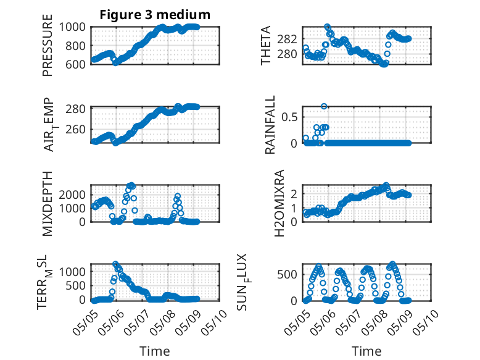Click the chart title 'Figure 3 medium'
click(x=155, y=15)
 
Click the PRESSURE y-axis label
click(x=48, y=45)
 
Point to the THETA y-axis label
click(x=266, y=45)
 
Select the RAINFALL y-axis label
click(x=270, y=125)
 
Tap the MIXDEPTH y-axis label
click(x=48, y=203)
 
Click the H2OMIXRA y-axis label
click(x=279, y=203)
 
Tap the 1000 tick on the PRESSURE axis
click(x=72, y=27)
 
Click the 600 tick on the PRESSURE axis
click(x=76, y=64)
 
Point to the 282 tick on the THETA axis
click(x=287, y=40)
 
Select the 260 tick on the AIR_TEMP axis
click(x=76, y=129)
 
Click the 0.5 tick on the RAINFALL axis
click(x=289, y=117)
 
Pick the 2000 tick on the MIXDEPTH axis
click(x=72, y=195)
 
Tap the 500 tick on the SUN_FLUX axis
click(x=287, y=274)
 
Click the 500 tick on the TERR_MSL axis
click(x=76, y=285)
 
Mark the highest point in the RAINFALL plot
click(x=324, y=106)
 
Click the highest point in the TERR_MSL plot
click(x=115, y=264)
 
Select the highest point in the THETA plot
click(x=327, y=27)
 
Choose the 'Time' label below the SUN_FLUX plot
click(x=366, y=351)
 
